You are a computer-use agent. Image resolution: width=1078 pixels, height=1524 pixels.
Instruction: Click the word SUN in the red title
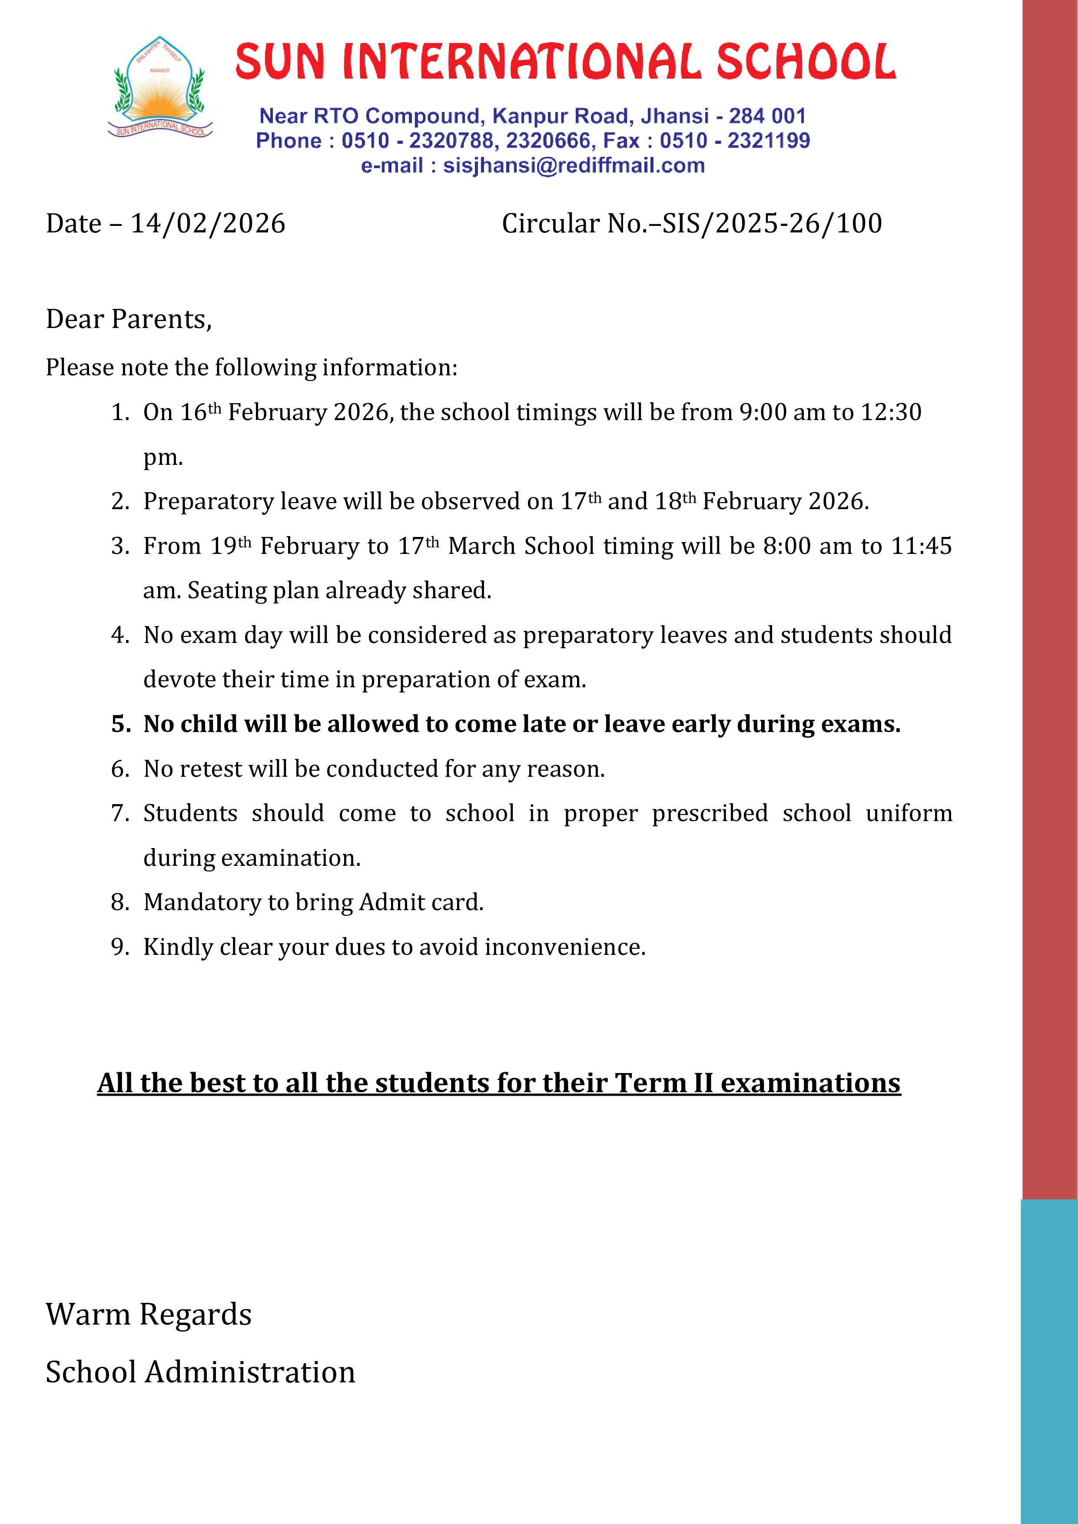tap(279, 61)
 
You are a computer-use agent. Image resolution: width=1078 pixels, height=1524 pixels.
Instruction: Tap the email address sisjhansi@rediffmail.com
tap(574, 165)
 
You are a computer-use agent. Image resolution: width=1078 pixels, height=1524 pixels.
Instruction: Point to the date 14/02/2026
tap(208, 224)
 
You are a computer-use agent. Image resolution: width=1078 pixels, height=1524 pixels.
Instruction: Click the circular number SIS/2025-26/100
tap(772, 224)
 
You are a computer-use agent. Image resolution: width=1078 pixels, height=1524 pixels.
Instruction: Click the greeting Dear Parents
tap(129, 319)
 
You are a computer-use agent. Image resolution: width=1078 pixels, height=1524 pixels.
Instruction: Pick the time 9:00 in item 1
tap(763, 412)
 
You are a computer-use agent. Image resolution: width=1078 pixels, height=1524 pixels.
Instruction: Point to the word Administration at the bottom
tap(249, 1372)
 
